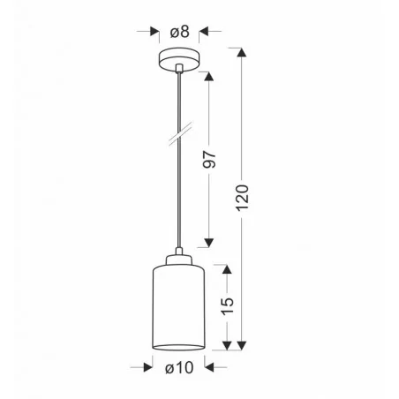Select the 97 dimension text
point(209,160)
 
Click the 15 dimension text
point(228,306)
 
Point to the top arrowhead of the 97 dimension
point(209,75)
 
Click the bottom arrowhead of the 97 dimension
point(209,244)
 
